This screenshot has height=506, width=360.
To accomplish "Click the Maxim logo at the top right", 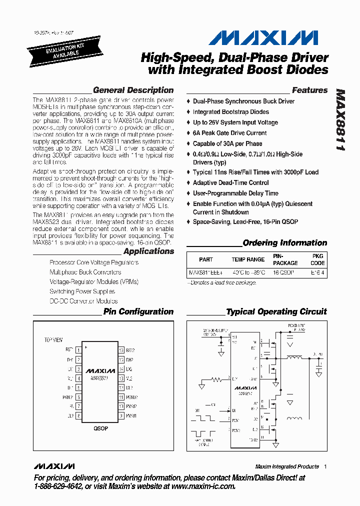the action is (x=262, y=38).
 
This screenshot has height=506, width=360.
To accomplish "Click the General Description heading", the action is (x=133, y=90).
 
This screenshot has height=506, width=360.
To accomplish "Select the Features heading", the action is (x=309, y=90).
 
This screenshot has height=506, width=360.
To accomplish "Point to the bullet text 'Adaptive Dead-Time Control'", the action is (x=230, y=183).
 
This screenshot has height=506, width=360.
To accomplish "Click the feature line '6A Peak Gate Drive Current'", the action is (x=229, y=133).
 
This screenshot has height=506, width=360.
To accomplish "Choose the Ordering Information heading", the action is (x=284, y=243).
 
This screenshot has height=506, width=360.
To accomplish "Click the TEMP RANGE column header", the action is (x=248, y=259).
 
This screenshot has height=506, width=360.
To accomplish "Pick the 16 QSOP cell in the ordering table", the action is (x=283, y=273).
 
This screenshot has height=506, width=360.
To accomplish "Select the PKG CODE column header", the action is (x=317, y=259).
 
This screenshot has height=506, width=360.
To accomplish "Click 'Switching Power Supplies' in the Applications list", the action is (x=82, y=291).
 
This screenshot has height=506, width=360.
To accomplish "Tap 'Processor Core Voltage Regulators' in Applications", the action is (x=94, y=262).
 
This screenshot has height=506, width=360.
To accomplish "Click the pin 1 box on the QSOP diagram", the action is (x=78, y=350).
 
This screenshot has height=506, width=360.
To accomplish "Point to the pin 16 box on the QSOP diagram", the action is (x=121, y=350).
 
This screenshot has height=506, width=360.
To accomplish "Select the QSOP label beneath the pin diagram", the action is (x=100, y=428).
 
